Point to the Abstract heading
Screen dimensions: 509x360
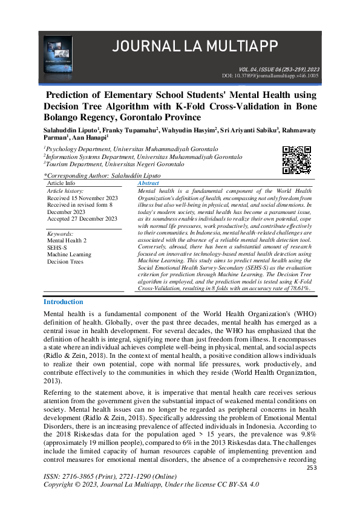click(149, 183)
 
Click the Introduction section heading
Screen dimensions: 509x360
click(63, 302)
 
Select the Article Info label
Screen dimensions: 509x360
click(61, 183)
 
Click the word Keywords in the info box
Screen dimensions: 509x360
click(60, 233)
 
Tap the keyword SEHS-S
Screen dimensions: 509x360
click(57, 247)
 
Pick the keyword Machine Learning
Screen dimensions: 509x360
click(68, 254)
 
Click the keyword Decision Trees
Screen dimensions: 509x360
click(65, 262)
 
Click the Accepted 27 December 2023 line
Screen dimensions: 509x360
click(82, 219)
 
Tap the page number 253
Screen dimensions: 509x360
click(312, 468)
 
